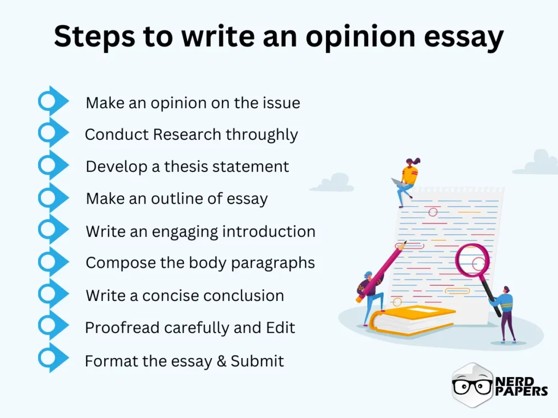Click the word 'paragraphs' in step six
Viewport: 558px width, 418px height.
(x=274, y=263)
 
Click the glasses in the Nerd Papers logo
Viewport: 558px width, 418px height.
(x=472, y=386)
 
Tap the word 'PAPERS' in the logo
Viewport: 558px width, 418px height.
(x=521, y=390)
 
